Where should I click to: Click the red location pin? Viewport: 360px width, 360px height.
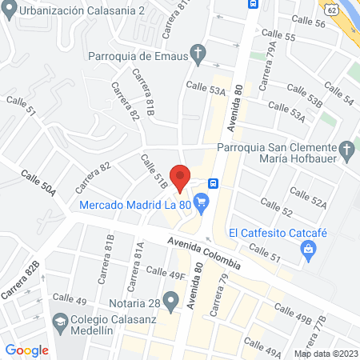[181, 178]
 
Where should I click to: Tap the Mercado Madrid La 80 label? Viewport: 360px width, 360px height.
[134, 206]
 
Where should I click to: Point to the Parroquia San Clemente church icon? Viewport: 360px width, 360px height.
[346, 150]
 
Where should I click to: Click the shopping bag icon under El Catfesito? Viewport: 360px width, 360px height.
[308, 251]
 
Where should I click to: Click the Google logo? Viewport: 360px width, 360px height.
[27, 350]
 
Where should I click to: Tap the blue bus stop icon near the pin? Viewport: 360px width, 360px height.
[213, 182]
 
